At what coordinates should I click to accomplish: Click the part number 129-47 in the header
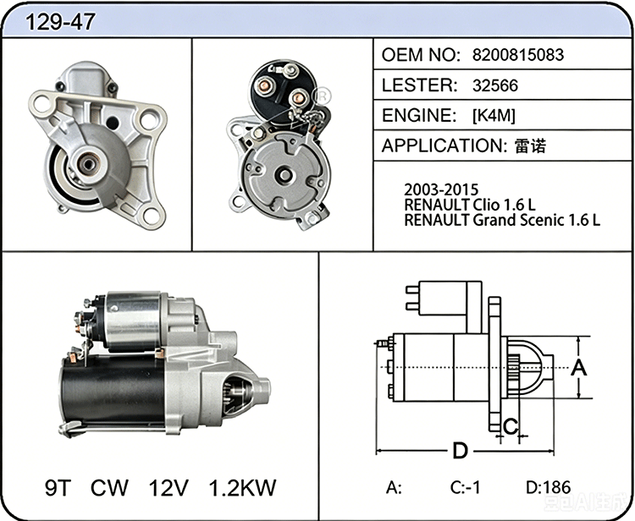pyautogui.click(x=60, y=22)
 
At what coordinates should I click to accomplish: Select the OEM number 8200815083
pyautogui.click(x=518, y=55)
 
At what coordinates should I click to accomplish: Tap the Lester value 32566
pyautogui.click(x=495, y=85)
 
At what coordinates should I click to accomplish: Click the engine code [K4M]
pyautogui.click(x=494, y=116)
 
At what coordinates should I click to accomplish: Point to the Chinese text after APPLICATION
pyautogui.click(x=530, y=145)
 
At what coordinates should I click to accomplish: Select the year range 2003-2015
pyautogui.click(x=441, y=189)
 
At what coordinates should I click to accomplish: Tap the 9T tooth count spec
pyautogui.click(x=58, y=487)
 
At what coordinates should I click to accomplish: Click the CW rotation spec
pyautogui.click(x=109, y=487)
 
